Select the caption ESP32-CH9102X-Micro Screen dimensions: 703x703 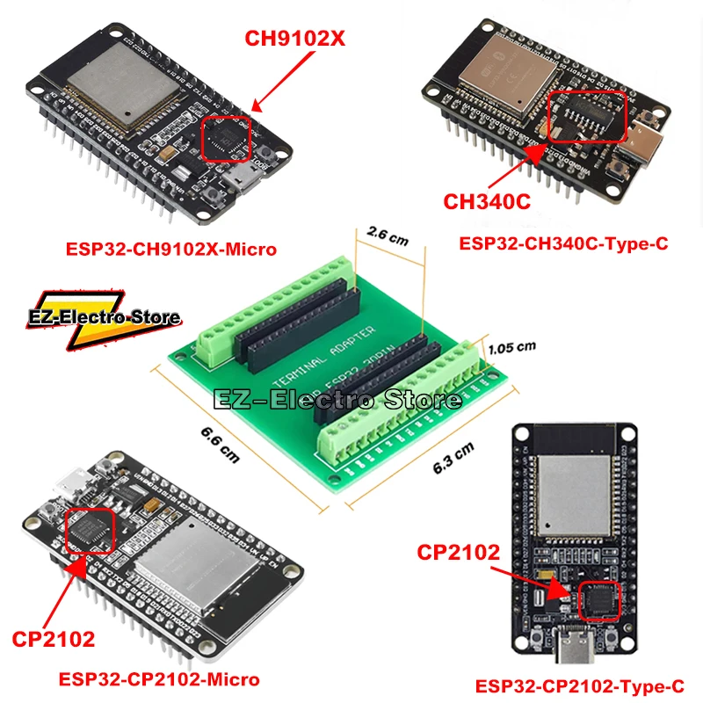pos(171,250)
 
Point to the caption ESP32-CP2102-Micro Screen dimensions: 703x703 pos(158,678)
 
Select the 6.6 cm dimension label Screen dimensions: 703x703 pos(219,446)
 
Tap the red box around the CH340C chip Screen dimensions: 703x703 pos(587,116)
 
